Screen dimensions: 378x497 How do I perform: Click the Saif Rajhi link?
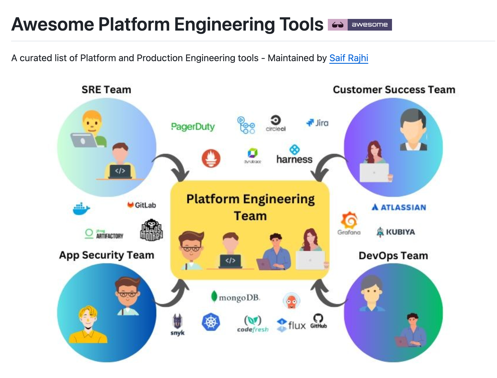349,58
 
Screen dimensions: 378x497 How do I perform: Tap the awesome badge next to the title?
360,25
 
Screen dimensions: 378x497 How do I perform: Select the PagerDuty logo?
193,127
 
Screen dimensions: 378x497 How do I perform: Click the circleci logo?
276,123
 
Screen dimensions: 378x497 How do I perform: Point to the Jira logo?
317,123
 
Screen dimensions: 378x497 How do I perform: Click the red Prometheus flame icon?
211,158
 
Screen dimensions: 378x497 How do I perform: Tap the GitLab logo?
142,205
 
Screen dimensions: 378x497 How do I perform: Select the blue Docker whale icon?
81,209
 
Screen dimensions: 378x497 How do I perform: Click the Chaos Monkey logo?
151,230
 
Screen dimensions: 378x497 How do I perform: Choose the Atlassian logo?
399,207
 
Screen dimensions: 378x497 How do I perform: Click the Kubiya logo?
396,232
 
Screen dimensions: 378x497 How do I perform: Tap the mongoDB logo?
235,297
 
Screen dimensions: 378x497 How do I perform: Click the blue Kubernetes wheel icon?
211,322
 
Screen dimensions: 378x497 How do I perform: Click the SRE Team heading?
106,90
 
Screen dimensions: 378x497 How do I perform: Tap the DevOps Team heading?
393,256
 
